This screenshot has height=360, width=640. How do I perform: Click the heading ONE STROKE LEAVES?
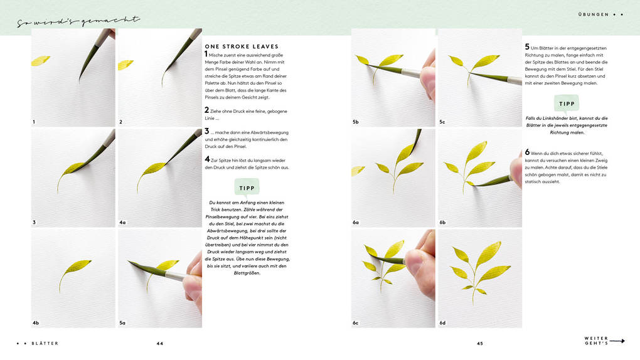[x=242, y=46]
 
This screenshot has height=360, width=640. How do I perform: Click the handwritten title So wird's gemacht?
[x=78, y=23]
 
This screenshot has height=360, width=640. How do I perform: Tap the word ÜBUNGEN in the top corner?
[x=593, y=14]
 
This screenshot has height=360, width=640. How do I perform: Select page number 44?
[x=160, y=344]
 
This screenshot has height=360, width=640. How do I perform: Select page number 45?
[x=480, y=344]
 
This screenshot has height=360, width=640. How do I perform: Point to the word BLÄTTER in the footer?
[x=45, y=344]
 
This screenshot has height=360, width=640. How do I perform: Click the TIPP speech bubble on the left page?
[x=247, y=188]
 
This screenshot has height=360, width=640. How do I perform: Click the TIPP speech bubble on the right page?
[x=567, y=104]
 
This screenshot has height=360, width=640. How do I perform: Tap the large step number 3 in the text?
[x=206, y=132]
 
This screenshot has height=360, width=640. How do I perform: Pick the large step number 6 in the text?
[x=527, y=152]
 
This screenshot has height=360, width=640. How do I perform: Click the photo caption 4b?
[x=36, y=323]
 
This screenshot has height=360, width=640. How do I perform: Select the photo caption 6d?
[x=442, y=323]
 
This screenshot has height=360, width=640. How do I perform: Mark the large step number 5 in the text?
[x=527, y=47]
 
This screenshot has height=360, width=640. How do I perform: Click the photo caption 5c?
[x=442, y=122]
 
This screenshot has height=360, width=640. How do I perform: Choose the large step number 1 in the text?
[x=206, y=55]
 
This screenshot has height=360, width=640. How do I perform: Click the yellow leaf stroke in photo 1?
[x=40, y=61]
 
